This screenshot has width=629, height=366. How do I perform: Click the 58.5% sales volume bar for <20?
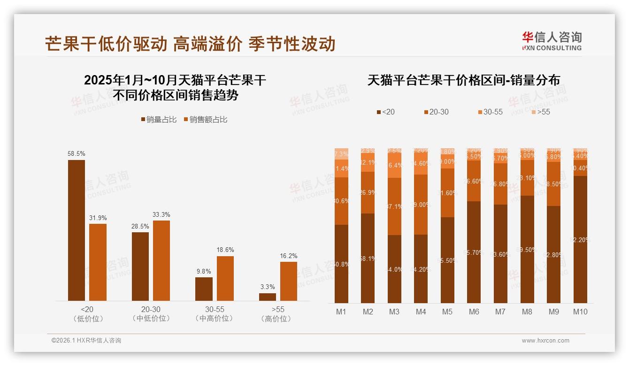click(77, 230)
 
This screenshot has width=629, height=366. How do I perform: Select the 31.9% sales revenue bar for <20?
click(98, 262)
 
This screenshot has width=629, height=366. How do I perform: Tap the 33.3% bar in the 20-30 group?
click(161, 260)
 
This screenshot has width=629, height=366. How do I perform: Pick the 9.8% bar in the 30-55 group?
click(204, 289)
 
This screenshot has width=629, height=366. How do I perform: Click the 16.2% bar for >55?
click(289, 281)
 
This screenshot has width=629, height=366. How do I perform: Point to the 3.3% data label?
click(268, 287)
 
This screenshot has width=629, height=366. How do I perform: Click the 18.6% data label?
click(225, 250)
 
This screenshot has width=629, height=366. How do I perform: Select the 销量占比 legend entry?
click(159, 120)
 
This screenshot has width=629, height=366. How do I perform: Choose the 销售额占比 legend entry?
click(205, 120)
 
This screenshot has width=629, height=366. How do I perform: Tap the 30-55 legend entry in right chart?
click(490, 112)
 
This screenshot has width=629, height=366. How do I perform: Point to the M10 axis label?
click(580, 312)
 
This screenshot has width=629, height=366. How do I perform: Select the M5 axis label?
click(447, 312)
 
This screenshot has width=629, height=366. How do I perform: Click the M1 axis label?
click(341, 312)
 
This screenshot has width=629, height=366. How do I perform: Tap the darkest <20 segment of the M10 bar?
click(580, 239)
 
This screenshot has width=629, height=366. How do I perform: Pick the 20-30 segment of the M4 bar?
click(421, 205)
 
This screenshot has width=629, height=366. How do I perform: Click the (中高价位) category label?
click(215, 319)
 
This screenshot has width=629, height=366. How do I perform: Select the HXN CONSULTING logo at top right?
click(552, 41)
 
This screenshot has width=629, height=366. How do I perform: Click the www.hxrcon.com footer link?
click(545, 341)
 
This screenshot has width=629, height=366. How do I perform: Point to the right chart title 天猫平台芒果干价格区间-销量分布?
click(463, 80)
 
